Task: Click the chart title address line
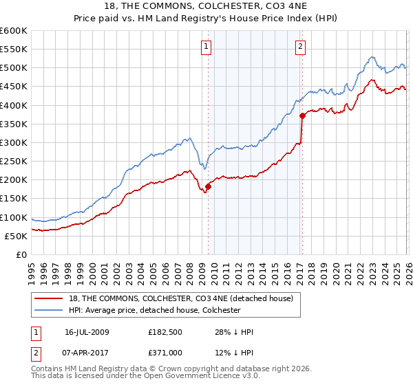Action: click(x=206, y=7)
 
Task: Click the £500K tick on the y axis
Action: click(x=14, y=68)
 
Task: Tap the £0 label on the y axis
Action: click(x=22, y=255)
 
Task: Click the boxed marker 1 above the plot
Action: click(x=207, y=47)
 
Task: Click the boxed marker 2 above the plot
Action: click(x=301, y=47)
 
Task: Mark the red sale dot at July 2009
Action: click(x=208, y=186)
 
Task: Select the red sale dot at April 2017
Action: click(x=302, y=115)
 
